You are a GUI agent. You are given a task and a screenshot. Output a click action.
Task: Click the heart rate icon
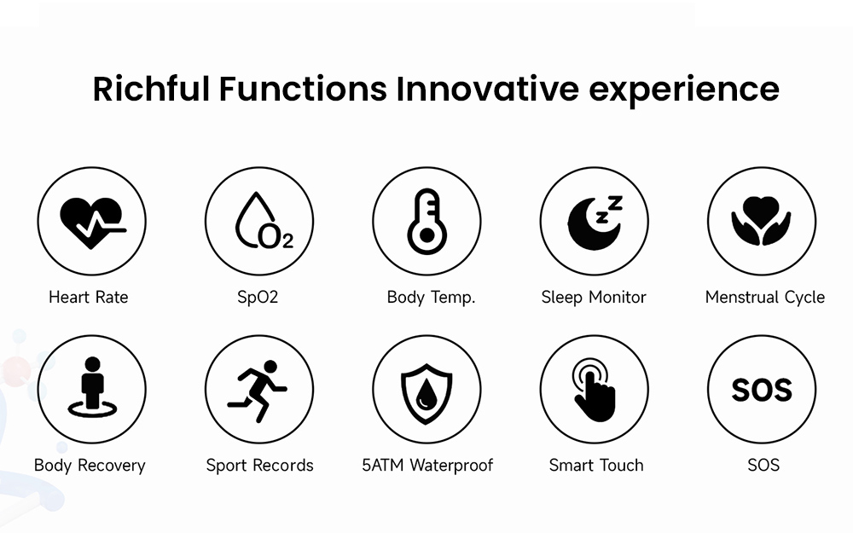91,221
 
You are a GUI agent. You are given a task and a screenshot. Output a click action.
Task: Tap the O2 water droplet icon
259,221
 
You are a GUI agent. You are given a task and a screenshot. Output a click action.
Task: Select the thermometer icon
426,221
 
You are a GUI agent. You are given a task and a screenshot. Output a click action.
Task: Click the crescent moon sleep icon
595,221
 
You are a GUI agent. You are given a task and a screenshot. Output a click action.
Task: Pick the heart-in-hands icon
762,221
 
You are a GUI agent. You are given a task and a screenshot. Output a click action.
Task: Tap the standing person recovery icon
91,389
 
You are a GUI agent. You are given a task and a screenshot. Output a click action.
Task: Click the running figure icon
259,389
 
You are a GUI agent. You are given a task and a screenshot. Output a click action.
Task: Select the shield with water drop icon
426,389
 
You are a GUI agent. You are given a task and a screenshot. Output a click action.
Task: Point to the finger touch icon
595,389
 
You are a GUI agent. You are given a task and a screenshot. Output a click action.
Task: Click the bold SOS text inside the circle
762,390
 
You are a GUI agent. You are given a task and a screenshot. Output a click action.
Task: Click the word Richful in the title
150,89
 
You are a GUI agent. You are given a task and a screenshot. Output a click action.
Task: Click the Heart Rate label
89,298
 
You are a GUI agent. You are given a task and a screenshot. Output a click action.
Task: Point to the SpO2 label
258,298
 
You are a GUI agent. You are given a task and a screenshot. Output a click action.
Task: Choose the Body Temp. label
431,298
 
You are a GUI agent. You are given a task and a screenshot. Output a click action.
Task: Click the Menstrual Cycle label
765,298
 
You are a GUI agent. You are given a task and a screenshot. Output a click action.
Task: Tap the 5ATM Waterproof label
427,466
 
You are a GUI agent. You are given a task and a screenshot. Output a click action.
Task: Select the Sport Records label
259,466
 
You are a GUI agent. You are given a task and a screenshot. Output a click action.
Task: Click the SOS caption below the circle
763,466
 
